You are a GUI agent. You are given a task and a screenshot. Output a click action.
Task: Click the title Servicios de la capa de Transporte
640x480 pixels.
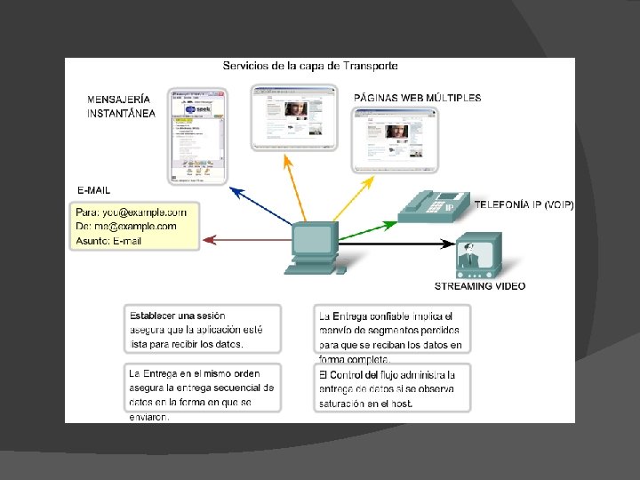coord(309,66)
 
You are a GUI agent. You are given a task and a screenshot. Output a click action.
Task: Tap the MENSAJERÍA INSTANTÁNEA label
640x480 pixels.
coord(121,106)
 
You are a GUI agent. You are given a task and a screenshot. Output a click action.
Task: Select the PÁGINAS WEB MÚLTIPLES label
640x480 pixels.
coord(417,98)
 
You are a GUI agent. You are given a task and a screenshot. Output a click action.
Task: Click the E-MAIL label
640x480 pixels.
coord(94,190)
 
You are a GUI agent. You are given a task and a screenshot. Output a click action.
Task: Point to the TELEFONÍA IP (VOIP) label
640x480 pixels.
coord(524,204)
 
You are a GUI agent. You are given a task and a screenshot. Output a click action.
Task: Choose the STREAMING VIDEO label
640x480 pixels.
coord(479,286)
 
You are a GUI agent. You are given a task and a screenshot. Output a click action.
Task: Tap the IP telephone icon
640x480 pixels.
coord(434,207)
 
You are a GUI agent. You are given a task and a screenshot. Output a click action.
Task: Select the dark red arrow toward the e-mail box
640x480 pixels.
coord(247,238)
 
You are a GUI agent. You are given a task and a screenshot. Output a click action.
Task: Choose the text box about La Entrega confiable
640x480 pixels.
coord(393,335)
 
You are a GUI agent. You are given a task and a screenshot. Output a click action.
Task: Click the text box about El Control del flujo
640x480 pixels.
coord(393,388)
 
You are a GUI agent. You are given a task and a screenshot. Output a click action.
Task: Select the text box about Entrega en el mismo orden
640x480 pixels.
coord(202,388)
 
